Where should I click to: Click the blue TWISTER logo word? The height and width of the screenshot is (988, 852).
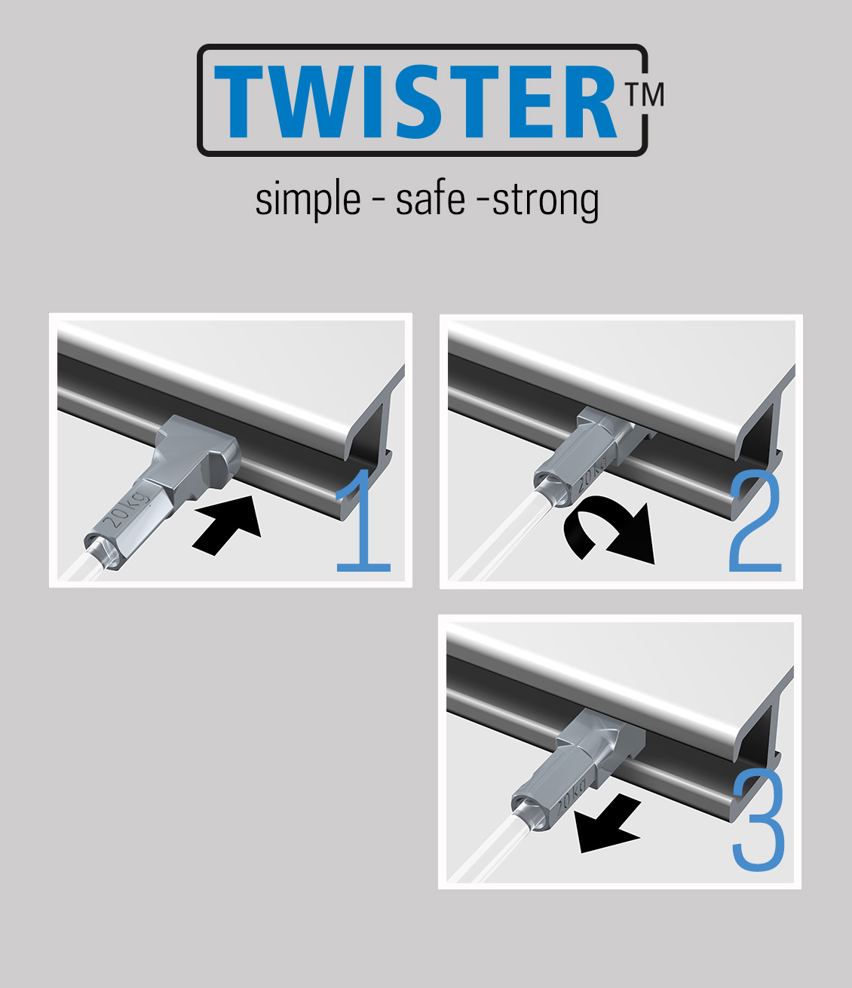pyautogui.click(x=415, y=101)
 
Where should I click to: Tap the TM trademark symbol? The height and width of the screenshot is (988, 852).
pyautogui.click(x=644, y=94)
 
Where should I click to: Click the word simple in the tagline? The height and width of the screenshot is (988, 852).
pyautogui.click(x=308, y=200)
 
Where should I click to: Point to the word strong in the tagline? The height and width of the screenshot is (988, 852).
pyautogui.click(x=545, y=201)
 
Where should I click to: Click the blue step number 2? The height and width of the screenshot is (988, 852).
pyautogui.click(x=755, y=523)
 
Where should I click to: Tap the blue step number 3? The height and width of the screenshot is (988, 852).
pyautogui.click(x=759, y=821)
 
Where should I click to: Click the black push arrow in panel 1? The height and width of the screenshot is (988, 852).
pyautogui.click(x=227, y=526)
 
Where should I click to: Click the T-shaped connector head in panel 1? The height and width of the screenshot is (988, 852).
pyautogui.click(x=196, y=454)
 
